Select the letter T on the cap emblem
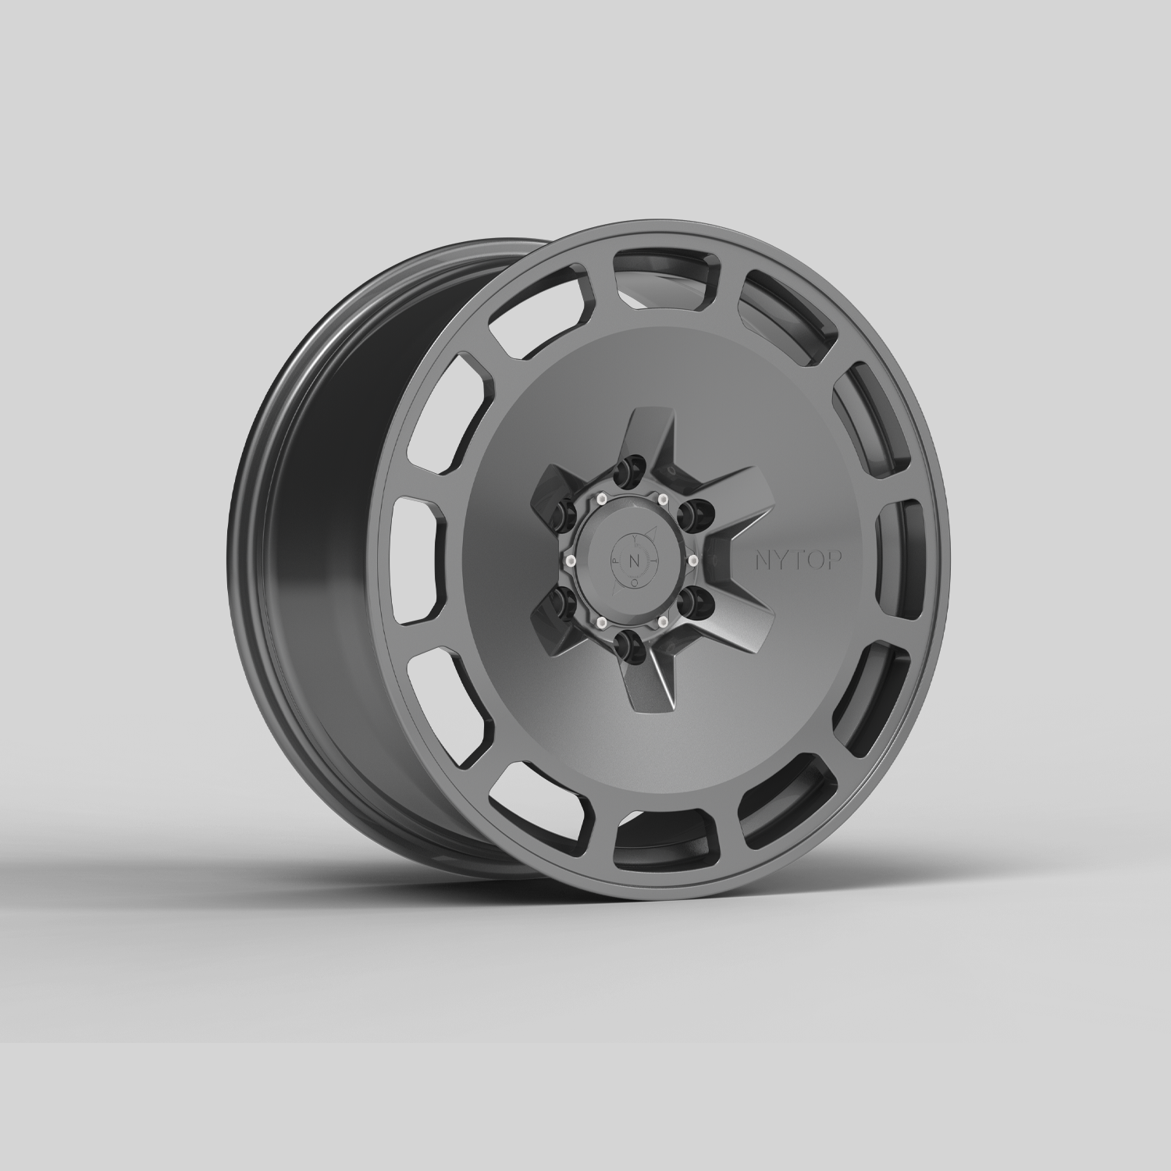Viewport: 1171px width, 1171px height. click(656, 561)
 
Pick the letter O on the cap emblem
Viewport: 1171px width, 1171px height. click(634, 581)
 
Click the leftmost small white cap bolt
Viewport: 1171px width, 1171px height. click(570, 561)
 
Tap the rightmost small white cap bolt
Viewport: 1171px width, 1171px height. click(692, 560)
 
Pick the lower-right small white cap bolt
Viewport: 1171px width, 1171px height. click(663, 621)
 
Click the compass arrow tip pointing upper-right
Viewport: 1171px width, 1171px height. click(656, 528)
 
